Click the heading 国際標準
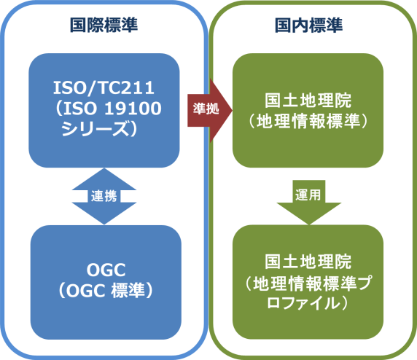coord(104,25)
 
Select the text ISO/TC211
coord(104,90)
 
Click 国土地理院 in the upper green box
coord(309,100)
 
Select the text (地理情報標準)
coord(309,120)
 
